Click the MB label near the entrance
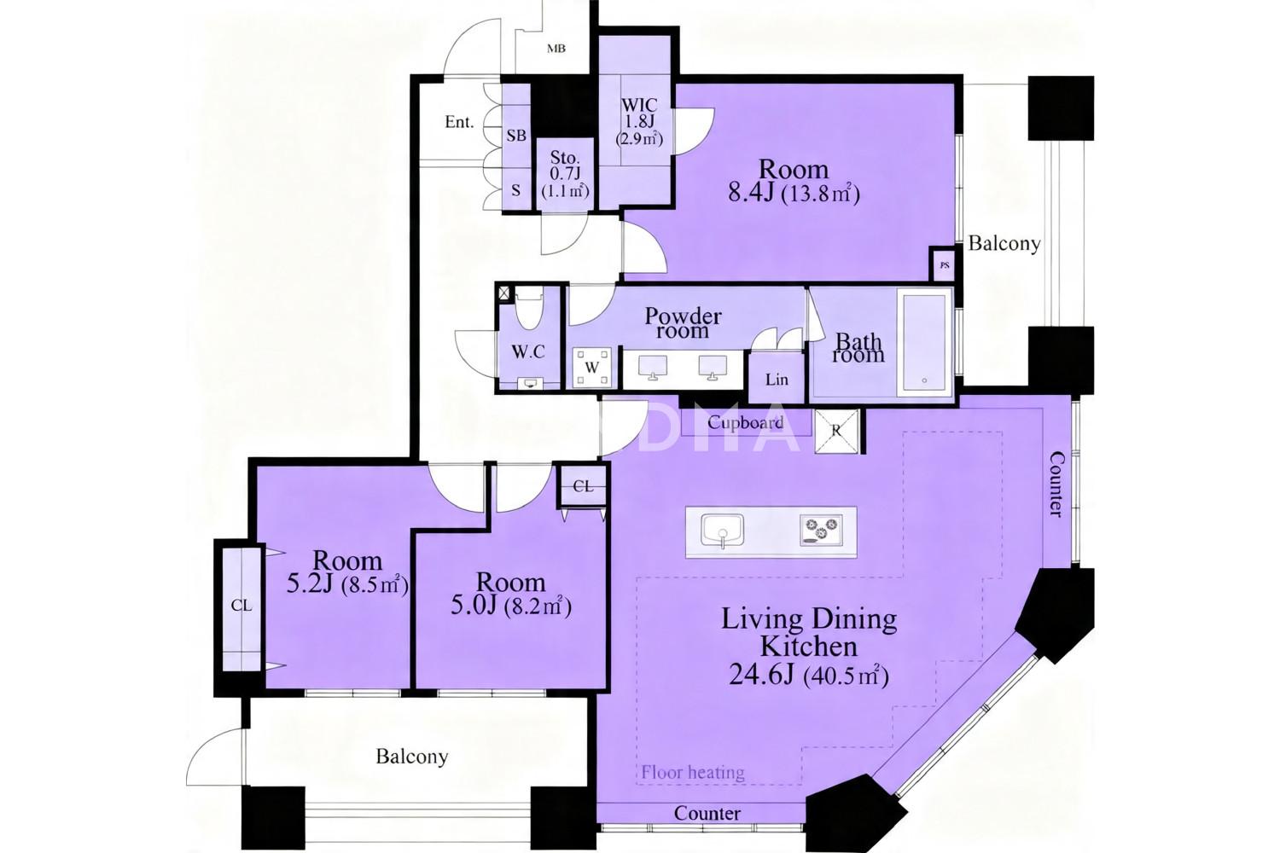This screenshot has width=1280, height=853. pos(556,49)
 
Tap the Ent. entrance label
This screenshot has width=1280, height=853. pos(459,122)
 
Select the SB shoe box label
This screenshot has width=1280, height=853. pos(516,136)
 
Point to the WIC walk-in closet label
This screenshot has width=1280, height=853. pos(639,105)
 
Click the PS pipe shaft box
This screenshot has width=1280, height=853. pos(945,265)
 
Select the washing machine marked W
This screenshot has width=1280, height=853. pos(592,368)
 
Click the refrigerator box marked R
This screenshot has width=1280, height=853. pos(836,432)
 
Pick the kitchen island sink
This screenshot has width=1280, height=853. pos(722,531)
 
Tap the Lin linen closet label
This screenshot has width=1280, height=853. pos(777,380)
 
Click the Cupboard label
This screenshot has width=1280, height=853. pos(745,423)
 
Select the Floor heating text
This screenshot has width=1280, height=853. pos(693,773)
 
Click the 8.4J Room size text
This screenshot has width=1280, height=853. pos(794,193)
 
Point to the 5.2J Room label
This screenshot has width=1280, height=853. pos(347,572)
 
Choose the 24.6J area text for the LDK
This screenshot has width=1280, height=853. pos(809,676)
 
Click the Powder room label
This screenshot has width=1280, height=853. pos(683,323)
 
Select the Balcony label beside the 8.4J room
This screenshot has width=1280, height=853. pos(1004,244)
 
